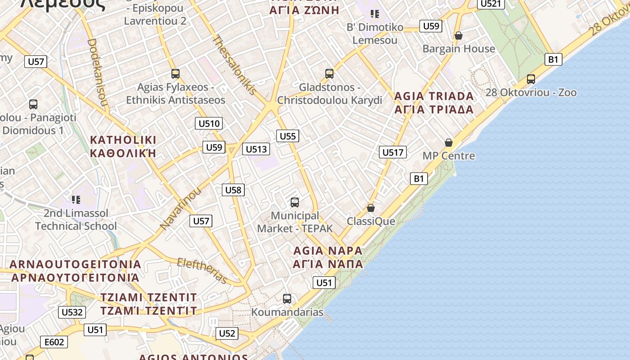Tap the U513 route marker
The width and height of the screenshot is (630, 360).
256,149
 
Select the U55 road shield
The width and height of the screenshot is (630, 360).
288,136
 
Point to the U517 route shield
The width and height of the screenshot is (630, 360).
393,152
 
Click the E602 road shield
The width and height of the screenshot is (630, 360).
54,342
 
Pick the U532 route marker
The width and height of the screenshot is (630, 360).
72,312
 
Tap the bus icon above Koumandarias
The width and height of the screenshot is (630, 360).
287,298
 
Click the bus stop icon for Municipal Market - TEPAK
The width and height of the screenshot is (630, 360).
295,202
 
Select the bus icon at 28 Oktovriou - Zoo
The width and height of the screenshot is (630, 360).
531,79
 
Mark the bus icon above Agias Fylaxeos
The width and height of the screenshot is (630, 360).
175,73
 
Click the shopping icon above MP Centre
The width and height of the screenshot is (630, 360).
449,143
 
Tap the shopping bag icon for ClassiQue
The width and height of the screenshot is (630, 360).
371,208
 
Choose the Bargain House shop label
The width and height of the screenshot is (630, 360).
459,48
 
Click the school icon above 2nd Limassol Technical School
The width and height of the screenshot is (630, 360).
76,199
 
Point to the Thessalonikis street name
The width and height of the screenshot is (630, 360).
234,65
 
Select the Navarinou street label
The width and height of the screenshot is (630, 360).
180,209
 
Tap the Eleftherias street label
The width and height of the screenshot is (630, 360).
202,270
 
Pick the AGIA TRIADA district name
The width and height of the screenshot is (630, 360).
434,96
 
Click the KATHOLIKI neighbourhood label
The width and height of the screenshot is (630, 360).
123,139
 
